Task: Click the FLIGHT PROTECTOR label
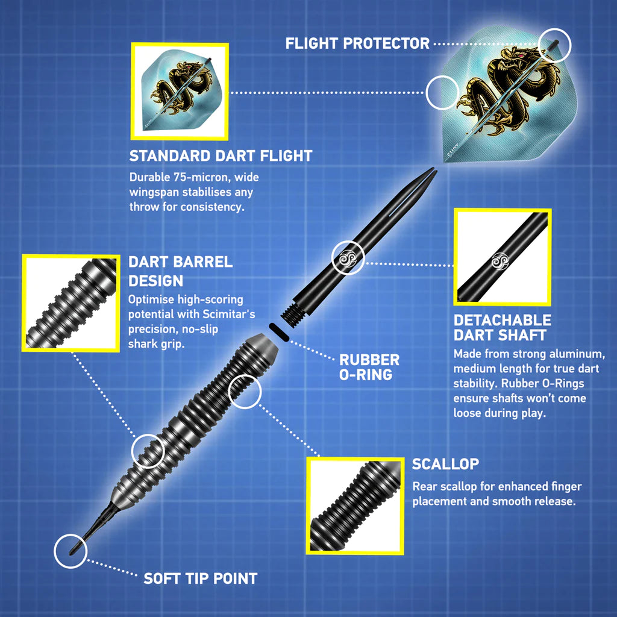click(x=357, y=43)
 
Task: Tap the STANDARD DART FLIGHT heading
click(x=221, y=155)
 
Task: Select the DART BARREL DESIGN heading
click(x=180, y=271)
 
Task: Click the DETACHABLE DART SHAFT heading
click(x=502, y=327)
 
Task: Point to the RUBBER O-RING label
click(x=369, y=367)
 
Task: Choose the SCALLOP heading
click(x=446, y=464)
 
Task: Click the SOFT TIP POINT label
click(x=200, y=578)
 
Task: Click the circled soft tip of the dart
click(x=70, y=551)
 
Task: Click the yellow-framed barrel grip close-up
click(x=70, y=302)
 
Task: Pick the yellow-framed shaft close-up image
click(x=502, y=257)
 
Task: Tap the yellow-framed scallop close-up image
click(x=355, y=505)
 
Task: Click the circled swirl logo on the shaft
click(x=348, y=258)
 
